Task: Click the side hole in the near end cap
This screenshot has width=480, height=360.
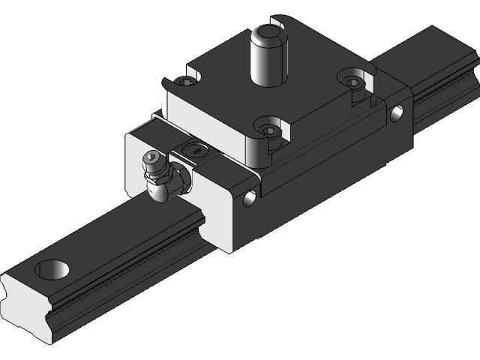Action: point(249,199)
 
